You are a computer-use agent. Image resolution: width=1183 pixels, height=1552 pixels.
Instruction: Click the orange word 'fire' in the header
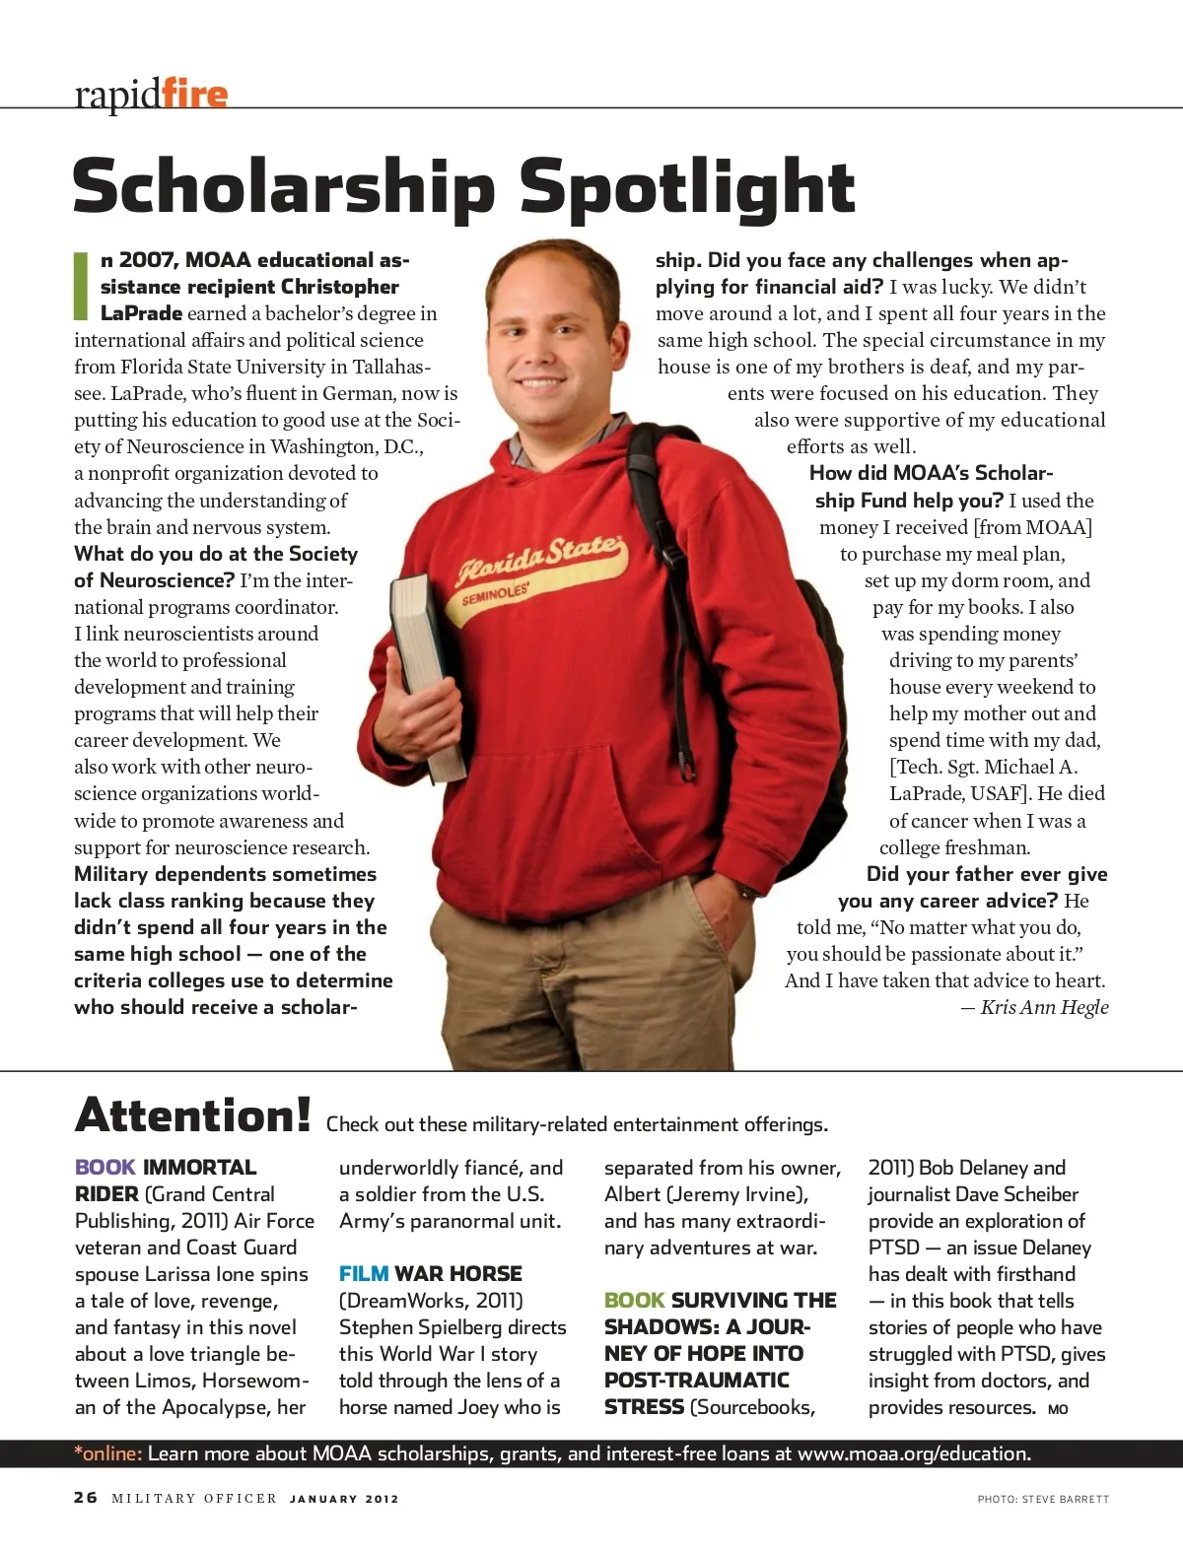click(194, 95)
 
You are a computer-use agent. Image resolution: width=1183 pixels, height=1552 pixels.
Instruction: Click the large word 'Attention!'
click(193, 1115)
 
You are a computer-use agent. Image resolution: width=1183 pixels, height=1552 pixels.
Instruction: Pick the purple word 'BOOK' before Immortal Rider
click(104, 1168)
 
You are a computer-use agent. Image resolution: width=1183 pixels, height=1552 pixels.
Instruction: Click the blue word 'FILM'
click(363, 1274)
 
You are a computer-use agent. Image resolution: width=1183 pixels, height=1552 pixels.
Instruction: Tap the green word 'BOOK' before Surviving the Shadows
click(634, 1301)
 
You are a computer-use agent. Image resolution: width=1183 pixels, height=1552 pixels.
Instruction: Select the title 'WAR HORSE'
click(458, 1274)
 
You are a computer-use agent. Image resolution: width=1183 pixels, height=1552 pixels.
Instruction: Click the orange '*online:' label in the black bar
click(108, 1453)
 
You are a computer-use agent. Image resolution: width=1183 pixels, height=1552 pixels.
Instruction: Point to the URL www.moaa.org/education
click(914, 1453)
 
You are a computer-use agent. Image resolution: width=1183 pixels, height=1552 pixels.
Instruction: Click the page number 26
click(86, 1498)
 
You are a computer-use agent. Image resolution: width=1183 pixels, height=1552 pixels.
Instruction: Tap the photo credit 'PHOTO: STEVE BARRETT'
click(1043, 1499)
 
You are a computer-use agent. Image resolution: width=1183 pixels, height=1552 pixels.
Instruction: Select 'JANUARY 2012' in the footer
click(344, 1499)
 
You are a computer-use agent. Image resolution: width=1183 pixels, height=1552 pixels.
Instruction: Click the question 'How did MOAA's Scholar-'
click(931, 473)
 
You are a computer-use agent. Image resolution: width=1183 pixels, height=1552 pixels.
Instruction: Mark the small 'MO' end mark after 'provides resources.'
click(1058, 1410)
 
